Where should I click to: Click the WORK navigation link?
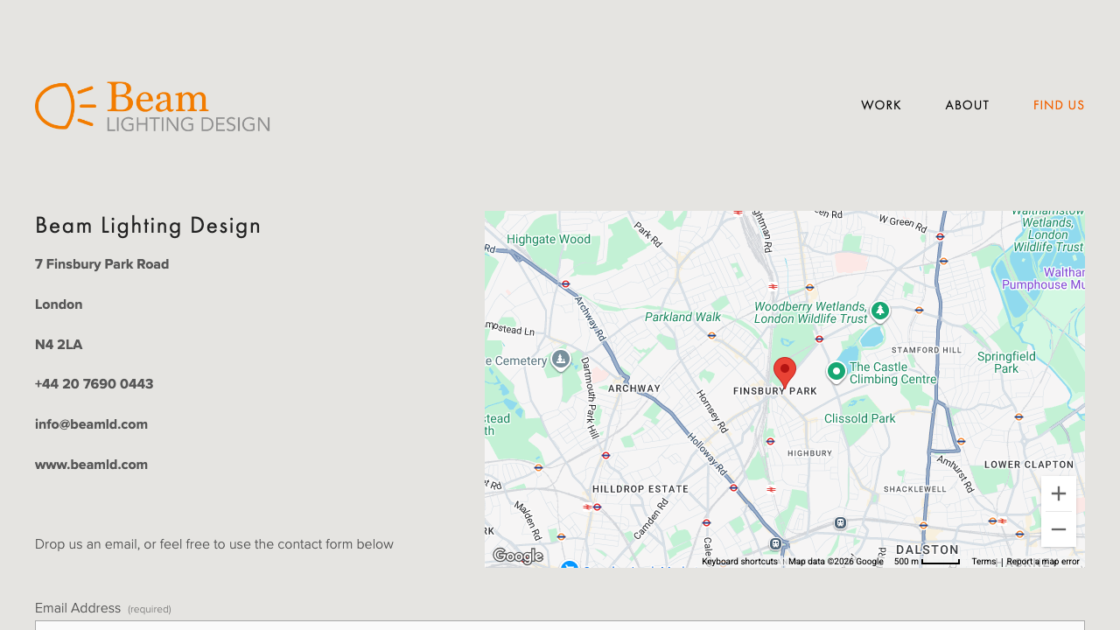pos(880,105)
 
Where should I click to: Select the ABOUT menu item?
pos(967,105)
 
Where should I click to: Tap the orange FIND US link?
pos(1059,105)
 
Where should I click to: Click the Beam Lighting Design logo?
pos(152,107)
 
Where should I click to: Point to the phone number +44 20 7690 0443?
pos(94,384)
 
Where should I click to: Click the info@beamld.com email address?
pos(91,424)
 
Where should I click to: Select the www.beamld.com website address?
pos(91,465)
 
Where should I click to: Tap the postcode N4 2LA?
pos(59,345)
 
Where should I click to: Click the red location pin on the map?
pos(785,371)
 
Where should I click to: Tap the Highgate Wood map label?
pos(548,239)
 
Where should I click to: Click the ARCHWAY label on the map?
pos(634,388)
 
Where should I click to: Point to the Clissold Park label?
pos(859,418)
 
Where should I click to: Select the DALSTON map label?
pos(927,549)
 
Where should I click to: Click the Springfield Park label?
pos(1006,362)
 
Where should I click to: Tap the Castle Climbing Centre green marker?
pos(836,372)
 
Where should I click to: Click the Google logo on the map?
pos(518,556)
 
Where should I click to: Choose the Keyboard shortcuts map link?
pos(739,562)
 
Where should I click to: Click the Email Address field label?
pos(78,608)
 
